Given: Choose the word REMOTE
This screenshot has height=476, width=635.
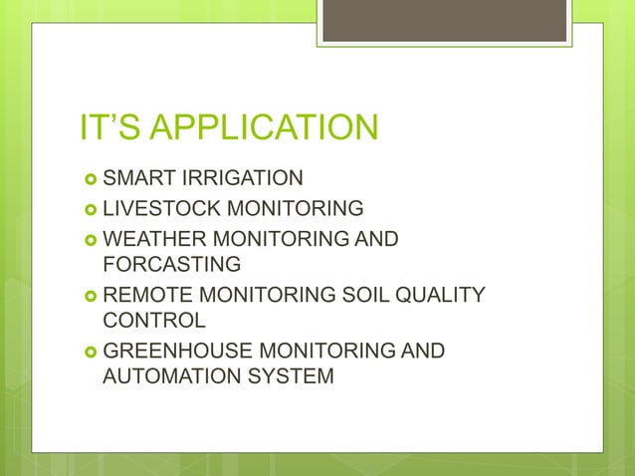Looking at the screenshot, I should click(146, 295).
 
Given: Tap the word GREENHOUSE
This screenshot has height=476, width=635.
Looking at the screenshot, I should click(177, 351).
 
